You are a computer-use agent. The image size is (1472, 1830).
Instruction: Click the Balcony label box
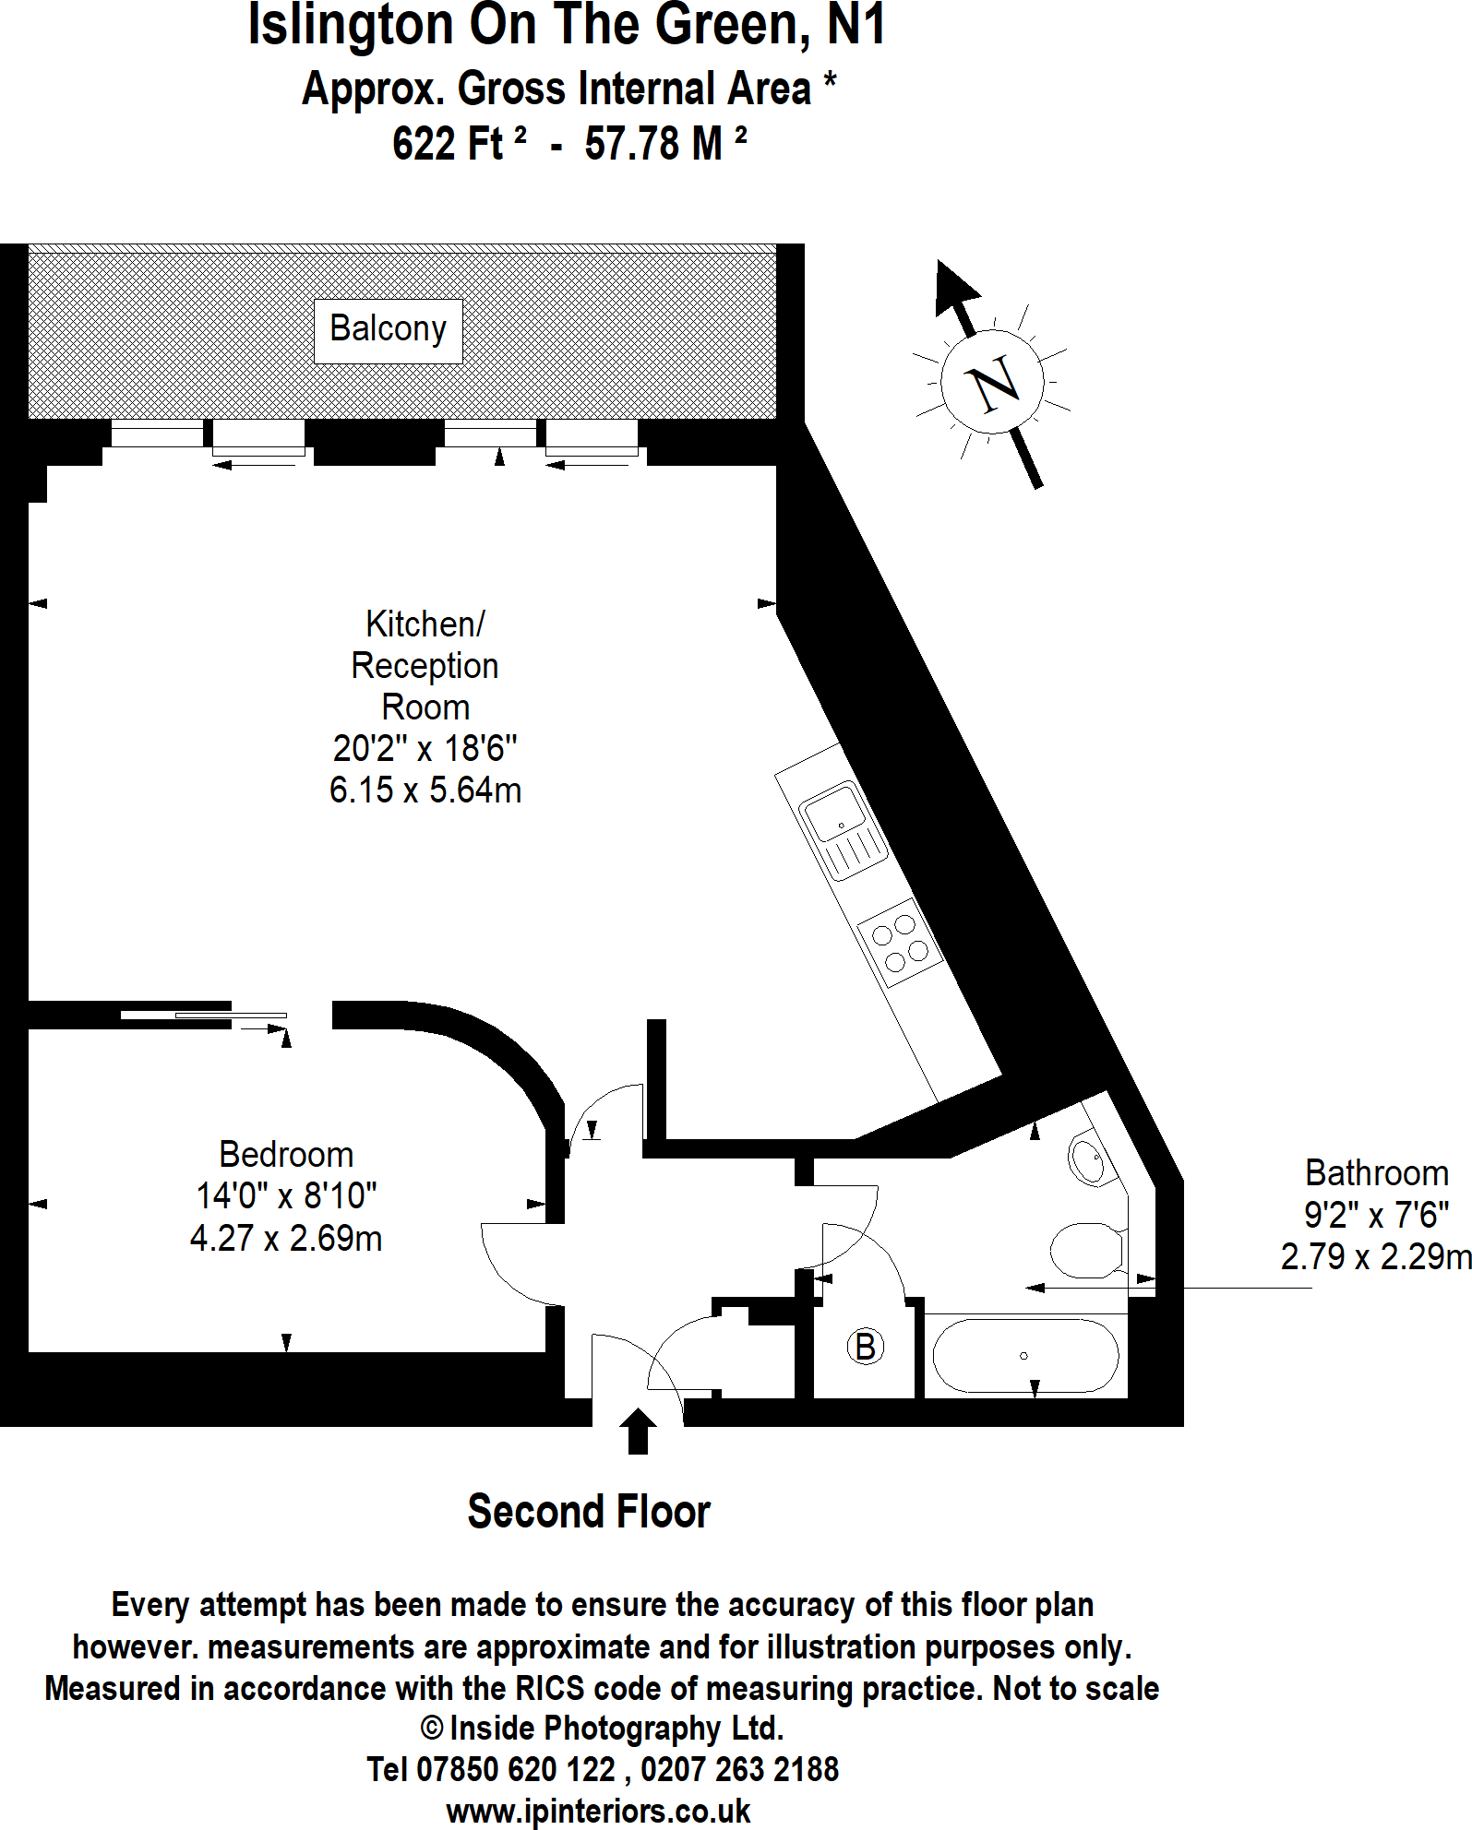388,330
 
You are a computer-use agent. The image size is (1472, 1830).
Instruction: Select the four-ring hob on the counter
900,943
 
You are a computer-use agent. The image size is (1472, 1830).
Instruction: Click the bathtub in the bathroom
1024,1355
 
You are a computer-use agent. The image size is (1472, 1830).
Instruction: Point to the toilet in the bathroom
1087,1250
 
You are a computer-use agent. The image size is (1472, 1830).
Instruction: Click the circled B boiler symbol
865,1347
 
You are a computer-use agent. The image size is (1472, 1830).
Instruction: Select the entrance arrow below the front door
637,1431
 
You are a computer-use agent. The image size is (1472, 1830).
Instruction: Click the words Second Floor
589,1512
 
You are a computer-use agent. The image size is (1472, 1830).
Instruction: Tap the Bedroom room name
286,1155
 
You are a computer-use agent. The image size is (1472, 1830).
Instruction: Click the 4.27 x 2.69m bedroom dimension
286,1238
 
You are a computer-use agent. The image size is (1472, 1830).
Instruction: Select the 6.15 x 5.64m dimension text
425,790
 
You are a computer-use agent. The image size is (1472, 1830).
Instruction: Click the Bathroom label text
1376,1173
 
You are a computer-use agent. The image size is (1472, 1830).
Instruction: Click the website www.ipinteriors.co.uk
598,1812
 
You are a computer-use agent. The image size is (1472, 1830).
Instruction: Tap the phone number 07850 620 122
516,1769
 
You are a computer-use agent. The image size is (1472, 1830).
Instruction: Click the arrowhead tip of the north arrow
941,266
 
